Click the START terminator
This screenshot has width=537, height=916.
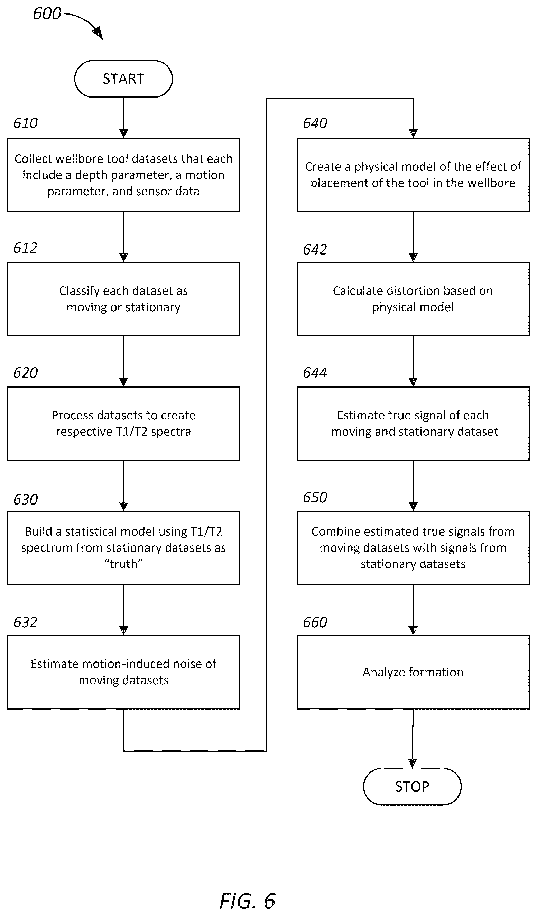pos(123,78)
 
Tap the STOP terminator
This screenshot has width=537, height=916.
pos(412,786)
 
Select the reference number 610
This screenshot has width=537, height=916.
pos(26,123)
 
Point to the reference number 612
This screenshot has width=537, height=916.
pos(26,248)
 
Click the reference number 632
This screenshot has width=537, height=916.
pos(26,622)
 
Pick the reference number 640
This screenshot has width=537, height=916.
pos(315,123)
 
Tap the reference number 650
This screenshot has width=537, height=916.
pos(315,497)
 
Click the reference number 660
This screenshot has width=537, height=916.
pos(315,622)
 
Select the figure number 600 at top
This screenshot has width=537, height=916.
pos(47,14)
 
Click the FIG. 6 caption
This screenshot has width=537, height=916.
pos(248,901)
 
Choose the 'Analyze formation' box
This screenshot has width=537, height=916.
pos(413,672)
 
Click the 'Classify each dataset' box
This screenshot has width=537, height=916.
pos(123,299)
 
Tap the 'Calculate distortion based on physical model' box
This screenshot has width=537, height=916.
pos(413,299)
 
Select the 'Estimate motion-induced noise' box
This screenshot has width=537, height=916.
pos(123,672)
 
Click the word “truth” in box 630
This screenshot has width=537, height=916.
pos(123,564)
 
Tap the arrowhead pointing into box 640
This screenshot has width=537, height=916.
pos(413,133)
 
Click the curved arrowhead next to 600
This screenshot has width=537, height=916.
pos(98,34)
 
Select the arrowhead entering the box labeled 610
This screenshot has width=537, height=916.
pos(123,133)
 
